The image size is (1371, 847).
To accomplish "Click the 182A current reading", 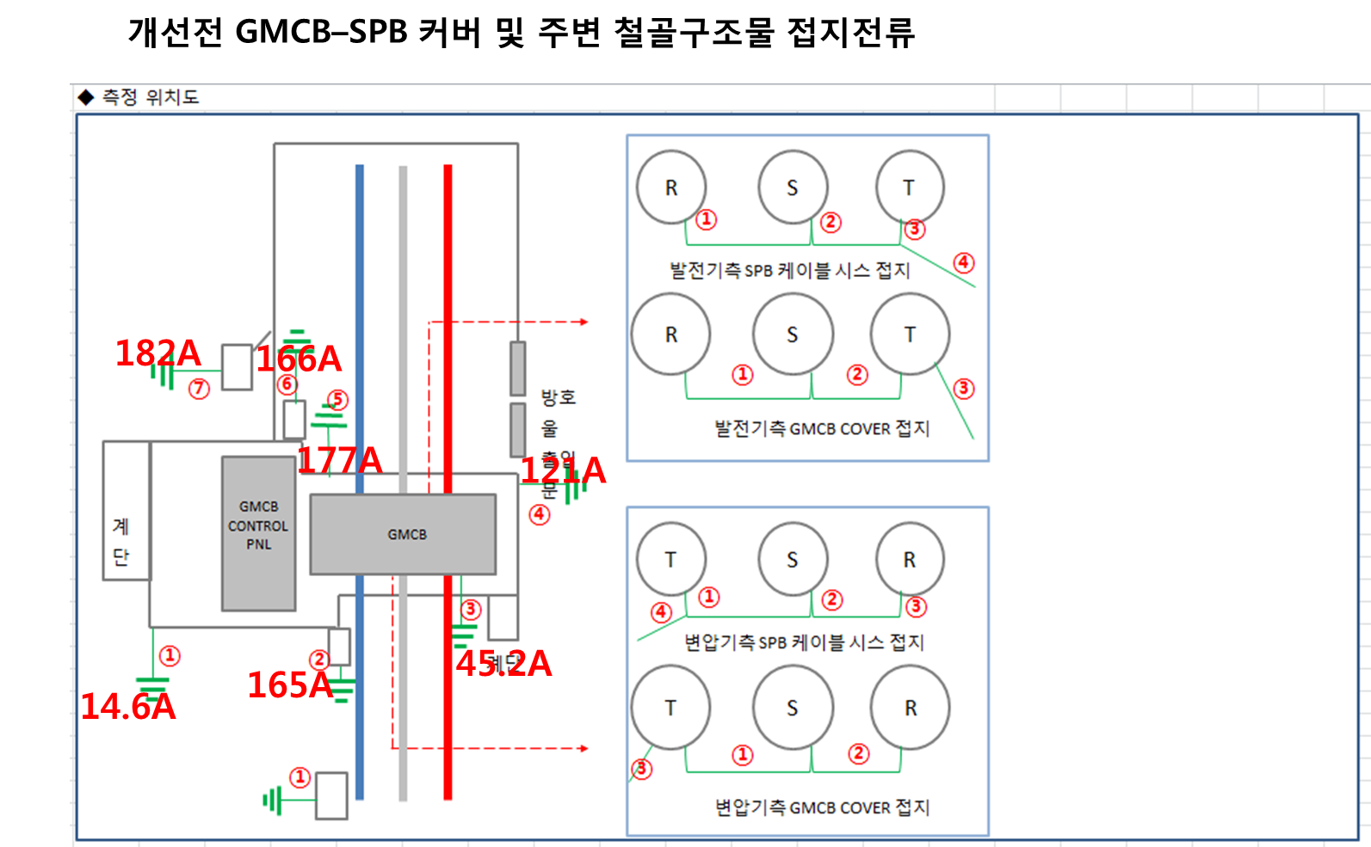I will click(x=157, y=353).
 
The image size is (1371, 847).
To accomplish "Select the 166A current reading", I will click(x=299, y=359).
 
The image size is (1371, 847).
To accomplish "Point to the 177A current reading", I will click(x=340, y=460).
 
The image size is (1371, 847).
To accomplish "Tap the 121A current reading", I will click(x=564, y=470).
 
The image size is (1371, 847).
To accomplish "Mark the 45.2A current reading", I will click(x=503, y=663).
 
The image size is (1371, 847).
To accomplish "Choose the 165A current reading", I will click(x=290, y=685).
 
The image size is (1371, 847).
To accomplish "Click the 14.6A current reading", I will click(x=127, y=707).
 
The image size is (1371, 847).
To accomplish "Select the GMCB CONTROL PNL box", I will click(x=258, y=533).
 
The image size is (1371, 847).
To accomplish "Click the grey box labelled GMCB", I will click(x=403, y=534).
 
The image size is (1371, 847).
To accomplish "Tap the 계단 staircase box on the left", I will click(x=126, y=511).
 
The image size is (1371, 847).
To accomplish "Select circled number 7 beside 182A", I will click(x=199, y=389).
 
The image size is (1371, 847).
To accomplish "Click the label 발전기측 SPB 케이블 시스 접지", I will click(x=790, y=270).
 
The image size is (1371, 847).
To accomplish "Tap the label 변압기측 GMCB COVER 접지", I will click(x=822, y=807).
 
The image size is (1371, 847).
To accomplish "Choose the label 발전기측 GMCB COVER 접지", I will click(x=822, y=428).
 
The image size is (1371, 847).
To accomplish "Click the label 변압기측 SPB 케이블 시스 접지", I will click(x=804, y=642).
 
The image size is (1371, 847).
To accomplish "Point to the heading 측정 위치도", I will click(x=150, y=97).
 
